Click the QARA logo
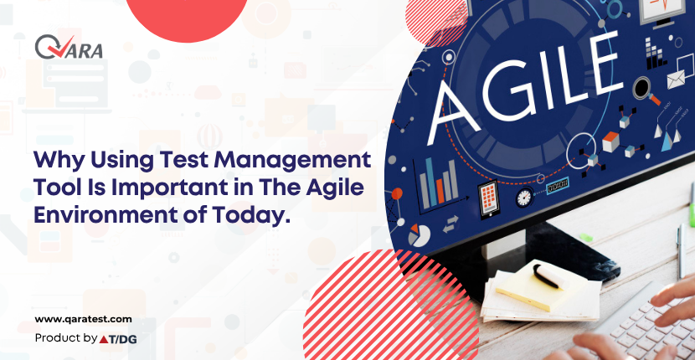(x=69, y=47)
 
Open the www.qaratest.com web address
(x=84, y=319)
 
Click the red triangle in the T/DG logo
(x=104, y=339)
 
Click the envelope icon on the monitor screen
(x=676, y=80)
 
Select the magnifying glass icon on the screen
(x=645, y=90)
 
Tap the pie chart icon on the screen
(x=419, y=235)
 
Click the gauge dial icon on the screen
(x=524, y=197)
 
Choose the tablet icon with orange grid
(x=489, y=200)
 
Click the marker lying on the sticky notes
(x=548, y=275)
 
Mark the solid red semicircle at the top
(x=186, y=17)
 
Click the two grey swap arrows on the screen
(x=451, y=224)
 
